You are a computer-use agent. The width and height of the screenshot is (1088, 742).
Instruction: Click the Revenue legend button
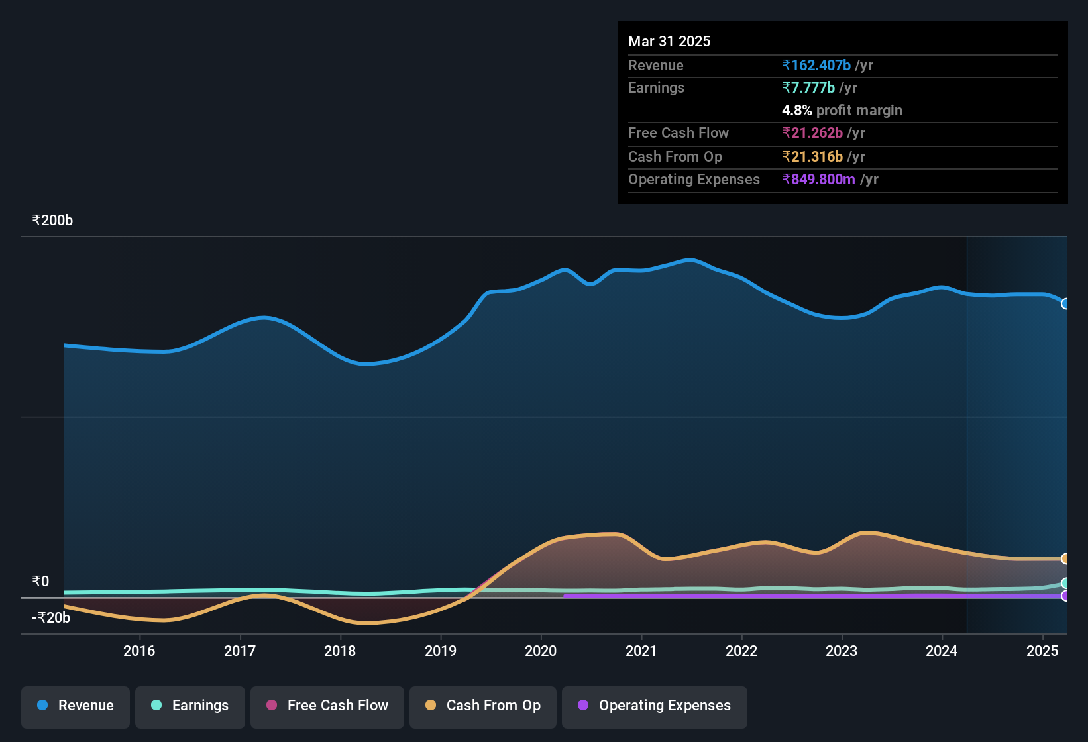point(76,706)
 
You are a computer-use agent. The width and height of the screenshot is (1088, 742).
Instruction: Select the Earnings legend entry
point(190,706)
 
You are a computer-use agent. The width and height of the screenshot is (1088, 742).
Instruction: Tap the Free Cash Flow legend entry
point(327,706)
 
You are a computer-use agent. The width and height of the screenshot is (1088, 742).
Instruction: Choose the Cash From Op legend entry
point(483,706)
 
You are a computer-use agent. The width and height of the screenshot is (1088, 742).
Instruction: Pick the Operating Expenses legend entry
point(655,706)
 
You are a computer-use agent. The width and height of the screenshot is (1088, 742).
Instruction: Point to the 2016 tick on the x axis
point(139,651)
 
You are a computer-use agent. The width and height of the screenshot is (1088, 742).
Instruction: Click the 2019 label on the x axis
point(441,651)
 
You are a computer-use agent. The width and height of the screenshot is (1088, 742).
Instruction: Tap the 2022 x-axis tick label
point(741,651)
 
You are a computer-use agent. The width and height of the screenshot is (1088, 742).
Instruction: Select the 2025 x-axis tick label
point(1042,651)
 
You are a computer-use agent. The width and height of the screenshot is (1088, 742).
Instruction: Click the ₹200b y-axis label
point(52,221)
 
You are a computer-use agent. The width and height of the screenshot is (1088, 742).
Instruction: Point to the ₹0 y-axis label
point(41,582)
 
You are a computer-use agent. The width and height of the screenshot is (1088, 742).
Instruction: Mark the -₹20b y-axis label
point(51,618)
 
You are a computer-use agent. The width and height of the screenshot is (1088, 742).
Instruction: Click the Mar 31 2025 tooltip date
point(669,42)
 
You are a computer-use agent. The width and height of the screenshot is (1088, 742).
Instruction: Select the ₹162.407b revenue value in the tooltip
point(816,66)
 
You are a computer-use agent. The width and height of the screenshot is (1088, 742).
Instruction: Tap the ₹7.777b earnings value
point(808,88)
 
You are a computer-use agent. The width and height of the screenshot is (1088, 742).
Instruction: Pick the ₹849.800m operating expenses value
point(819,180)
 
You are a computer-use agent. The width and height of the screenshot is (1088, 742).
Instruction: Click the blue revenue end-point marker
point(1065,304)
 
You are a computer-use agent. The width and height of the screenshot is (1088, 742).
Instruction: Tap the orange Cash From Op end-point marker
point(1065,558)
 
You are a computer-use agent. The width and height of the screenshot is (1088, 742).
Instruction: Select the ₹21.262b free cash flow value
point(812,133)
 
